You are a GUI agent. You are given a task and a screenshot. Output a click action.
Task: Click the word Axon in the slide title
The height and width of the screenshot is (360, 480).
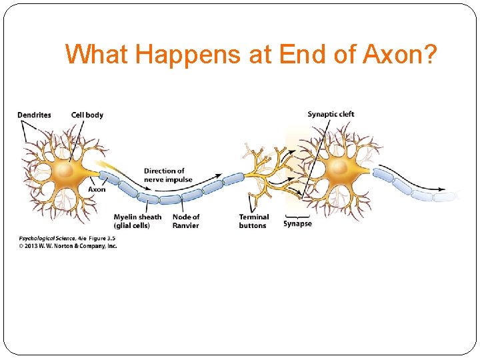(x=393, y=54)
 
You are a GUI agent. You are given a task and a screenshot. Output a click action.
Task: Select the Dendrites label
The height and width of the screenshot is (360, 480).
(x=34, y=115)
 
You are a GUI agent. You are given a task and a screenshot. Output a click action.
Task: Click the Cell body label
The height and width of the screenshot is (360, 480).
(x=87, y=115)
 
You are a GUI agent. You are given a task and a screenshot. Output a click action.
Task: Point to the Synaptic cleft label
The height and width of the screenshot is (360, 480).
(x=331, y=114)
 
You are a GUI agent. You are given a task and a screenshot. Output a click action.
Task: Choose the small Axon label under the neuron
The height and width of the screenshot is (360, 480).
(x=97, y=189)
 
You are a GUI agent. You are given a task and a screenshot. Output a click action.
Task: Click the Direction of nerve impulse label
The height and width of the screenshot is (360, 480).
(x=168, y=175)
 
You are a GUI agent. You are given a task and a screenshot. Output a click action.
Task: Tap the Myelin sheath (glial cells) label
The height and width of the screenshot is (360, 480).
(x=137, y=221)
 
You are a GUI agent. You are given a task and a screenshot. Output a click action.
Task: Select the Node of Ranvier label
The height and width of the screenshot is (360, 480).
(x=186, y=221)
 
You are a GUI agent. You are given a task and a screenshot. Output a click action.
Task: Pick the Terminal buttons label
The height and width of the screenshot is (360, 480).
(x=253, y=221)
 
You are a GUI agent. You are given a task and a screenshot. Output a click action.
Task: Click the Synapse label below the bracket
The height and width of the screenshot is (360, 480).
(x=297, y=224)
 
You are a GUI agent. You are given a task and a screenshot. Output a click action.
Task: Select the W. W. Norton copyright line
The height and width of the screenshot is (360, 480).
(x=67, y=245)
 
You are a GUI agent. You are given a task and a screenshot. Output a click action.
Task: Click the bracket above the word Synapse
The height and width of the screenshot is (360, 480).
(x=297, y=216)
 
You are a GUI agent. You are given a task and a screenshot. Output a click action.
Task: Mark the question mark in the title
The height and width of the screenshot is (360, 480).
(x=430, y=54)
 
